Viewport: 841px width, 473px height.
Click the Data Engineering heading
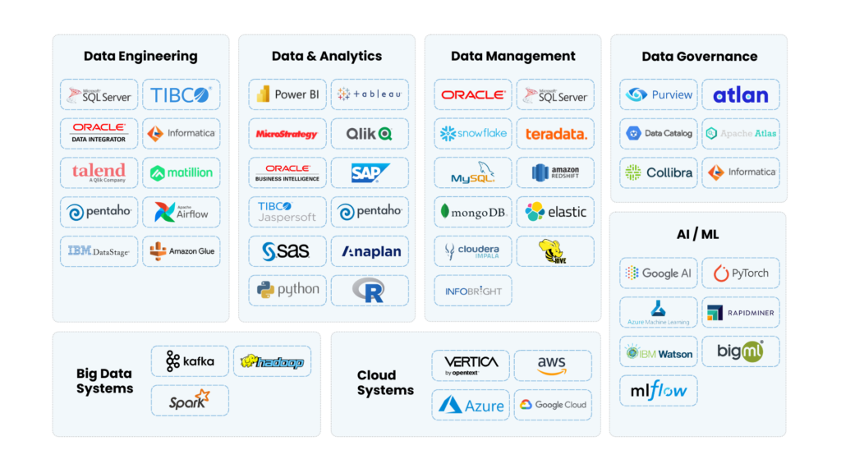[x=140, y=57]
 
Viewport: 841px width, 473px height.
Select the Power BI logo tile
[x=287, y=94]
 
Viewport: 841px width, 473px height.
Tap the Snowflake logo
[x=473, y=133]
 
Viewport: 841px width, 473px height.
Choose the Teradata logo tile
[x=556, y=134]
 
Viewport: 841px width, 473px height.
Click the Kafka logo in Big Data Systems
[x=190, y=361]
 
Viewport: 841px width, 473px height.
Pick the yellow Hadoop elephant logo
[x=272, y=361]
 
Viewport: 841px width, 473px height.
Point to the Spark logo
[x=190, y=401]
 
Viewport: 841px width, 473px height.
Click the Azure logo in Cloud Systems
[x=471, y=405]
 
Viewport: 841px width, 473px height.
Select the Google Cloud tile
[x=553, y=405]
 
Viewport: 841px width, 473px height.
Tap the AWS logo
[x=552, y=365]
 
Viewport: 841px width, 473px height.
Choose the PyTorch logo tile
[x=741, y=273]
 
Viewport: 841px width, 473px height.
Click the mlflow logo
[x=658, y=391]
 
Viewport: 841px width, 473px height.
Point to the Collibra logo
[x=658, y=172]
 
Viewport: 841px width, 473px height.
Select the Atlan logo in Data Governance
[x=740, y=94]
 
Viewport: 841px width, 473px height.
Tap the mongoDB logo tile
[x=473, y=212]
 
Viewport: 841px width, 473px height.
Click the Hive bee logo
[x=555, y=251]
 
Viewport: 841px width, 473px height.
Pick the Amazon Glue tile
[x=182, y=251]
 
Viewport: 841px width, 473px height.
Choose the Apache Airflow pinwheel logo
[x=182, y=212]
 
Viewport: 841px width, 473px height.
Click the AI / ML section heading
[x=697, y=235]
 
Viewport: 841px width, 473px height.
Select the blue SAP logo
[x=370, y=172]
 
